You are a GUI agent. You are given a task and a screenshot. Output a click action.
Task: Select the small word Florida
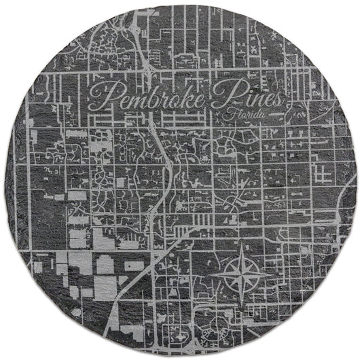[249, 117]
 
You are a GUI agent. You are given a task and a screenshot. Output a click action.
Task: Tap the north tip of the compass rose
[246, 245]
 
